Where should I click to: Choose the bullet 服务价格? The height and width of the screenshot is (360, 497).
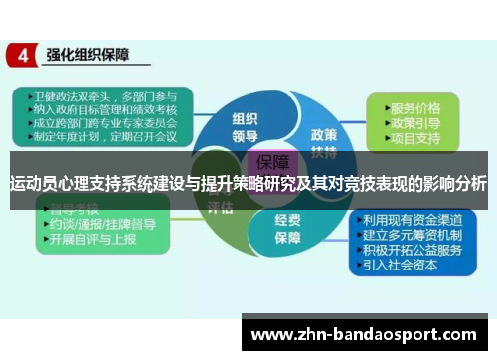pos(415,107)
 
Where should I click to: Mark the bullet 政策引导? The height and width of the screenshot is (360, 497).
pos(415,122)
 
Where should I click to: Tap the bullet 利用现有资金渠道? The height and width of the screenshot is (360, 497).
pos(411,221)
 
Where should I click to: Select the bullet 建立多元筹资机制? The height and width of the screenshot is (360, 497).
pos(411,236)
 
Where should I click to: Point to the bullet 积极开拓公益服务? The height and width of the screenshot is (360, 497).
pos(411,251)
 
